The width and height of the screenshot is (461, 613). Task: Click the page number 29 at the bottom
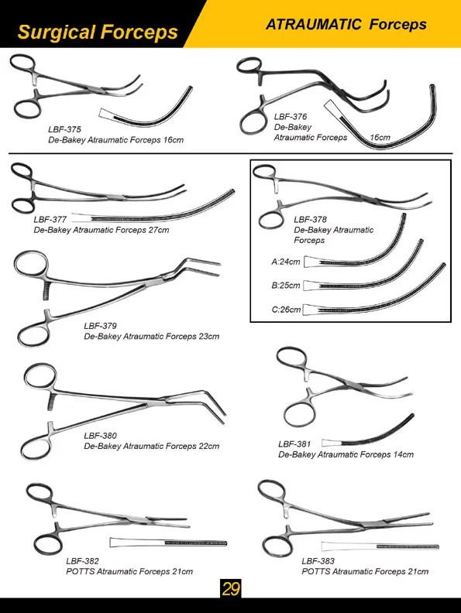(230, 588)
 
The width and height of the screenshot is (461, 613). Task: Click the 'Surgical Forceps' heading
(97, 33)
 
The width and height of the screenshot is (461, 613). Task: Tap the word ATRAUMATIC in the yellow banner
(313, 24)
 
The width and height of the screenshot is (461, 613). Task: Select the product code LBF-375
(64, 130)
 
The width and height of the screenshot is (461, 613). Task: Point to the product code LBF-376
(291, 116)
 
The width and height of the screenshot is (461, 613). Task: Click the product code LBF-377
(50, 219)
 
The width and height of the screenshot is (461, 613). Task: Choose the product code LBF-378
(311, 219)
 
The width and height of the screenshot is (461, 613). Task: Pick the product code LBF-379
(100, 326)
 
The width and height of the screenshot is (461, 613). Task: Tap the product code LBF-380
(100, 436)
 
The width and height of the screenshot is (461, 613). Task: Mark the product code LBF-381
(294, 444)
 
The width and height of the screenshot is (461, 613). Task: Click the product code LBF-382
(82, 560)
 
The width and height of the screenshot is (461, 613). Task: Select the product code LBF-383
(318, 560)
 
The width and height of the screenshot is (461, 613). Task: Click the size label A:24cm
(285, 262)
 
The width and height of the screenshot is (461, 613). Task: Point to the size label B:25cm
(285, 286)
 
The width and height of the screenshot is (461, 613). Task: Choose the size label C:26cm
(285, 310)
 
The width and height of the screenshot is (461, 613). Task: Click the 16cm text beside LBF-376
(379, 138)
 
